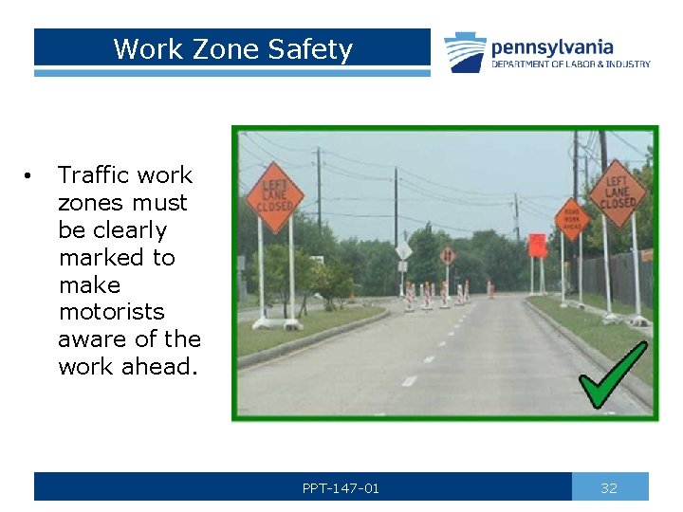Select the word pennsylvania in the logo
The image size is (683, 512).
point(551,46)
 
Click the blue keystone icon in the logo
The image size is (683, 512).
point(465,52)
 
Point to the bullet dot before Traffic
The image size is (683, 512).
point(30,176)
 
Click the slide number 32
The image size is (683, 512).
point(609,488)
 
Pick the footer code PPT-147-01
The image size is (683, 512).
point(341,488)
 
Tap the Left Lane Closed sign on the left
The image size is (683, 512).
point(274,197)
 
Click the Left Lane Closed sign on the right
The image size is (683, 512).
point(617,192)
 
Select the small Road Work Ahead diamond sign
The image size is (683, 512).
point(571,218)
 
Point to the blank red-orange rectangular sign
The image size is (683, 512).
point(538,245)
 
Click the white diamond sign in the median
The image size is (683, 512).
point(404,250)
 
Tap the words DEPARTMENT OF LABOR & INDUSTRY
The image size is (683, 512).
point(570,64)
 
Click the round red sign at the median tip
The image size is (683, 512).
point(448,256)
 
